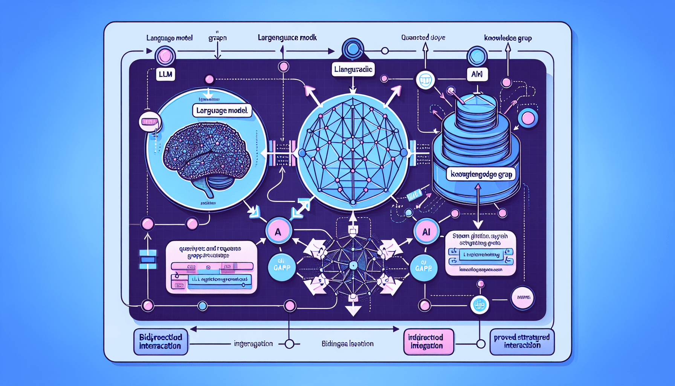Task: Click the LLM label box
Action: tap(165, 74)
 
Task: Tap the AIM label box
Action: tap(477, 74)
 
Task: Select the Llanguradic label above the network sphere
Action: tap(353, 69)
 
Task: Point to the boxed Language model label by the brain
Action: tap(222, 110)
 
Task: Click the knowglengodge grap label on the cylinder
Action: tap(481, 175)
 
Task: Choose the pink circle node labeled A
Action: tap(278, 231)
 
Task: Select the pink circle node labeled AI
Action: tap(426, 232)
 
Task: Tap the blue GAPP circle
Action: tap(282, 267)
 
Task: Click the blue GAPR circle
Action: tap(423, 268)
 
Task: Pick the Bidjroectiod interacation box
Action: tap(160, 342)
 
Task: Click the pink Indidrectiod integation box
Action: tap(428, 342)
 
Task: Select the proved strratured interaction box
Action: tap(522, 342)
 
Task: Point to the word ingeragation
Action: tap(253, 344)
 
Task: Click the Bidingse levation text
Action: tap(347, 344)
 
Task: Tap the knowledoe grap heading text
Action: tap(508, 38)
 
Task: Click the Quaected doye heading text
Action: tap(423, 38)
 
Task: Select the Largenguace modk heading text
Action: tap(287, 38)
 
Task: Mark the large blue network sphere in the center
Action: tap(353, 152)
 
